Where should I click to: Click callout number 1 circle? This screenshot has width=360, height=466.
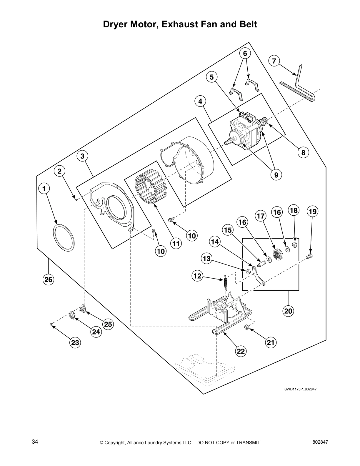pyautogui.click(x=44, y=188)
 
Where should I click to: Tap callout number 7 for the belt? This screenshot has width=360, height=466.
pyautogui.click(x=274, y=61)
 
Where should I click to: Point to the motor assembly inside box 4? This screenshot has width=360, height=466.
pyautogui.click(x=246, y=131)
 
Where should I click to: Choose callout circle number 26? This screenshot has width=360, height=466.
pyautogui.click(x=48, y=279)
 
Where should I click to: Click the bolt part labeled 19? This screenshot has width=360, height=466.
pyautogui.click(x=309, y=256)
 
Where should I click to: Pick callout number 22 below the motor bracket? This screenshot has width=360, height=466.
pyautogui.click(x=241, y=351)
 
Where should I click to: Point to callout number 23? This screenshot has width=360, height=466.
pyautogui.click(x=75, y=342)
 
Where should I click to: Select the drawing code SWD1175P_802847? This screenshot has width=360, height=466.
pyautogui.click(x=300, y=389)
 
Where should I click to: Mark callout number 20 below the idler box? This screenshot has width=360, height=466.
pyautogui.click(x=288, y=311)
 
